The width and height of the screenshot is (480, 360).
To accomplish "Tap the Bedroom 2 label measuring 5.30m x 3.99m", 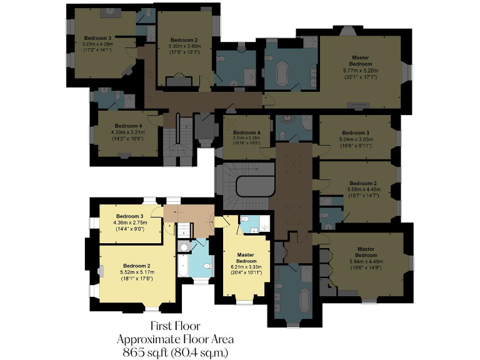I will point(184,39).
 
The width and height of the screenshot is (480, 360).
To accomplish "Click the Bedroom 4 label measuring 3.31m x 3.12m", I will point(246,133).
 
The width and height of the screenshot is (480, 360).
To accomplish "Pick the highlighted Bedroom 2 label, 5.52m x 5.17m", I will point(137,266).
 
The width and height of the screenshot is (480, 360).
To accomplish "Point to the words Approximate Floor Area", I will point(176,339).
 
